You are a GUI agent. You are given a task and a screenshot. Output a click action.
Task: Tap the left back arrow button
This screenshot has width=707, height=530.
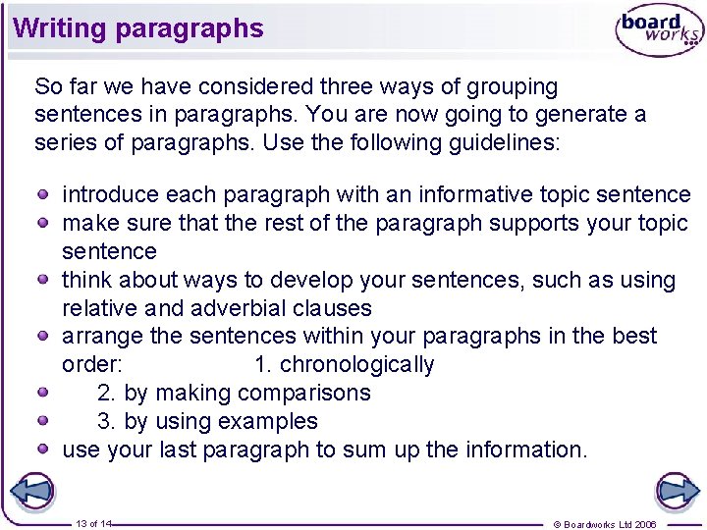31,491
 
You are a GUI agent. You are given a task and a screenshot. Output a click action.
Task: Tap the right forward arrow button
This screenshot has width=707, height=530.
677,491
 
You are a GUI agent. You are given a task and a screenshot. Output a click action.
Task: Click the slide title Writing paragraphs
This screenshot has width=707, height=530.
138,27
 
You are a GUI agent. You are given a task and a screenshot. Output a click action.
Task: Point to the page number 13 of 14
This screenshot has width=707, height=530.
93,524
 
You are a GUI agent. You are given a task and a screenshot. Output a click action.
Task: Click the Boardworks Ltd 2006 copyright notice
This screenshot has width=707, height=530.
605,524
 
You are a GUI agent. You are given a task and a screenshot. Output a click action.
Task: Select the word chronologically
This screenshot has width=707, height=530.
356,365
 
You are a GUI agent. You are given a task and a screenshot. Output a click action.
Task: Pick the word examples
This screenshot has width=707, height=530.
267,422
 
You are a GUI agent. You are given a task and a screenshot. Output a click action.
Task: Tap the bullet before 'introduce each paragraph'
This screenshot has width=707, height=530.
45,194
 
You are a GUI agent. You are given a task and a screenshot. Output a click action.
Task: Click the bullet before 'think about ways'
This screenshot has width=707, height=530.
45,280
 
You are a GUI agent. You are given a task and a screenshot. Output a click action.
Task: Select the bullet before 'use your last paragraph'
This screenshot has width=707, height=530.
45,450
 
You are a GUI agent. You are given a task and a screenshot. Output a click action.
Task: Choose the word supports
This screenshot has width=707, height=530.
535,223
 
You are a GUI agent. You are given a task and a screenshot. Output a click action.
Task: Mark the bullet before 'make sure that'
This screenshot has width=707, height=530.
45,223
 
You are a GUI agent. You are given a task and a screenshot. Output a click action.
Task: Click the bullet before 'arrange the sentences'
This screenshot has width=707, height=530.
45,336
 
